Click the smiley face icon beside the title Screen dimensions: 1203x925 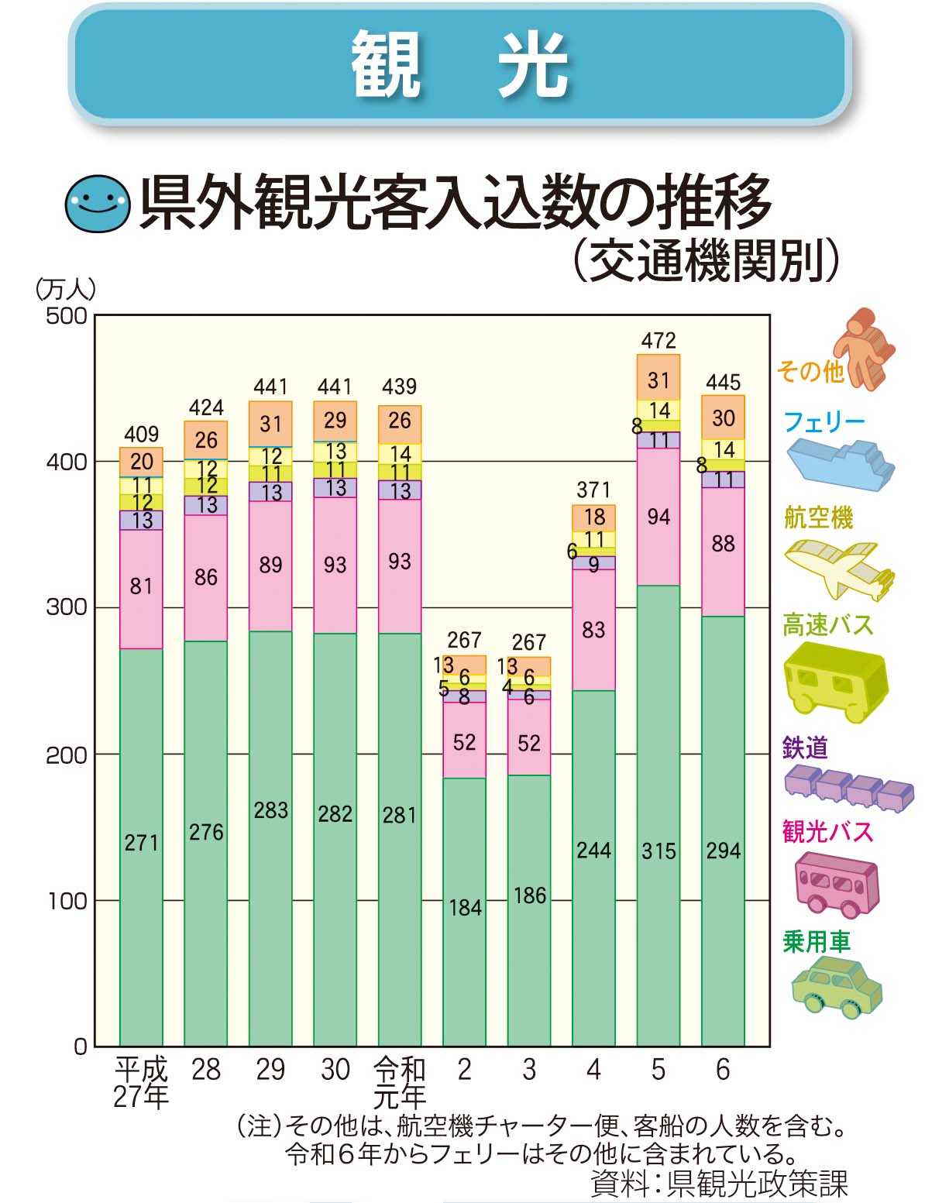pyautogui.click(x=97, y=205)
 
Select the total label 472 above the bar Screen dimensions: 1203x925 pyautogui.click(x=659, y=340)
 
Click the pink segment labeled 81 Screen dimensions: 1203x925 pyautogui.click(x=141, y=587)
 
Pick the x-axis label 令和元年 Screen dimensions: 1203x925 pyautogui.click(x=400, y=1083)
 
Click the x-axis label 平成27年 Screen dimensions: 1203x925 pyautogui.click(x=141, y=1083)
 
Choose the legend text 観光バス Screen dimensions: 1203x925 pyautogui.click(x=827, y=832)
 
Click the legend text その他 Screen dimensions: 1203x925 pyautogui.click(x=810, y=372)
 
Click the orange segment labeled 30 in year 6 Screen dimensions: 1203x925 pyautogui.click(x=723, y=418)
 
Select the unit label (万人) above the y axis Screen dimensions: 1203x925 pyautogui.click(x=66, y=289)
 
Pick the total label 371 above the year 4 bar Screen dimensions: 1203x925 pyautogui.click(x=593, y=490)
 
